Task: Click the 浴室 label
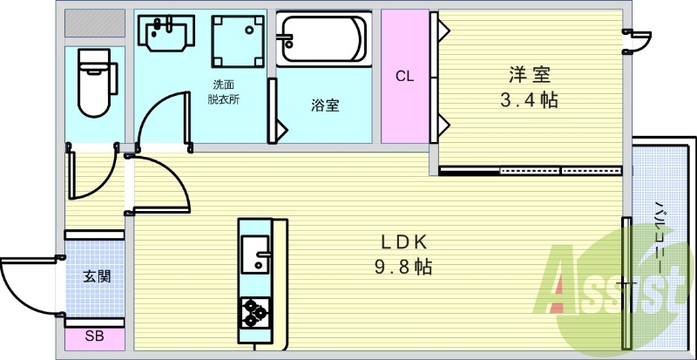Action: click(325, 106)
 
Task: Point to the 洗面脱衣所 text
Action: click(223, 92)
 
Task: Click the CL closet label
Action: click(404, 76)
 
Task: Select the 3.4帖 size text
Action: click(529, 99)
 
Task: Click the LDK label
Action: click(403, 241)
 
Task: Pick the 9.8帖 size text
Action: click(403, 267)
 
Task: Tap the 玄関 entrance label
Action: click(97, 277)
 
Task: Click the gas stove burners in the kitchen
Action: click(256, 312)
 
